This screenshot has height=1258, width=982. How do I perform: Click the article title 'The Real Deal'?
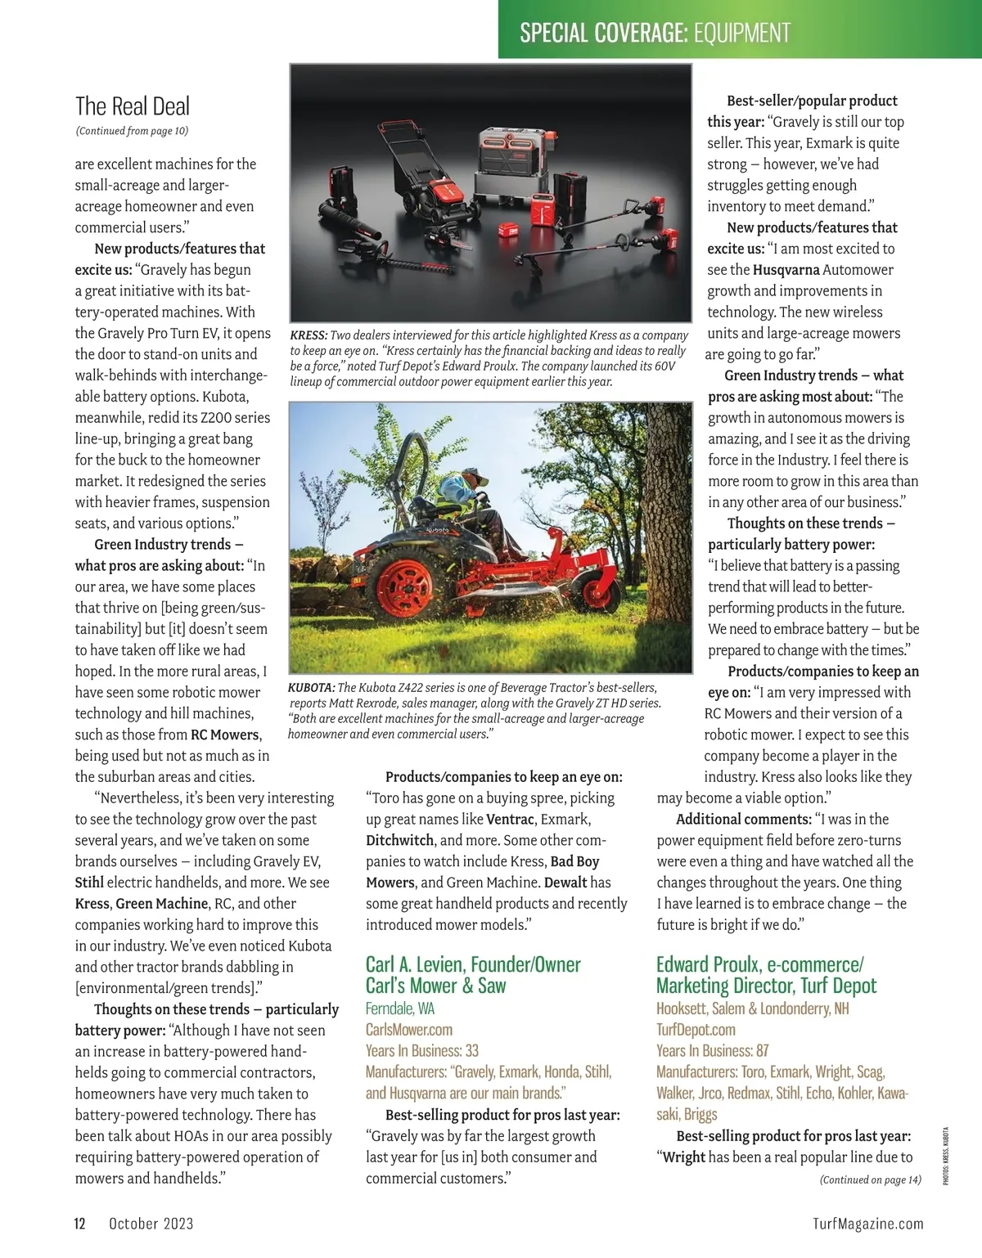pyautogui.click(x=133, y=106)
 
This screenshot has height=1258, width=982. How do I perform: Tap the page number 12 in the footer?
pyautogui.click(x=80, y=1224)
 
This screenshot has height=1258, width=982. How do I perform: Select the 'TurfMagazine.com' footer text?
pyautogui.click(x=868, y=1224)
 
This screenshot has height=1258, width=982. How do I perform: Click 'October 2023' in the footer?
pyautogui.click(x=151, y=1224)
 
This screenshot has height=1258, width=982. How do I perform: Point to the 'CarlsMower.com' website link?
pyautogui.click(x=409, y=1030)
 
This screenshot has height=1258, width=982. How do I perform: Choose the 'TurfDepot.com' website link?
pyautogui.click(x=696, y=1030)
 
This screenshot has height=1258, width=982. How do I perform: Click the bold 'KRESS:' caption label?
pyautogui.click(x=309, y=335)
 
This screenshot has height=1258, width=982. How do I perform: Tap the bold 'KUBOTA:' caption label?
pyautogui.click(x=311, y=688)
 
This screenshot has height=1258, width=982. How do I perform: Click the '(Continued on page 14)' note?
pyautogui.click(x=870, y=1179)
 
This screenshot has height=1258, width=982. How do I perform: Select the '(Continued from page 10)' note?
pyautogui.click(x=132, y=131)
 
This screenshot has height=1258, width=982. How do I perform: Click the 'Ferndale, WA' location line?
pyautogui.click(x=400, y=1009)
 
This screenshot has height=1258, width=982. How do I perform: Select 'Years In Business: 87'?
pyautogui.click(x=713, y=1051)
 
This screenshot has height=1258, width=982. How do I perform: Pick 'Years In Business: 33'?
pyautogui.click(x=422, y=1051)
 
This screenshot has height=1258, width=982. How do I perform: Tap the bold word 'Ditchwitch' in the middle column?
pyautogui.click(x=400, y=840)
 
